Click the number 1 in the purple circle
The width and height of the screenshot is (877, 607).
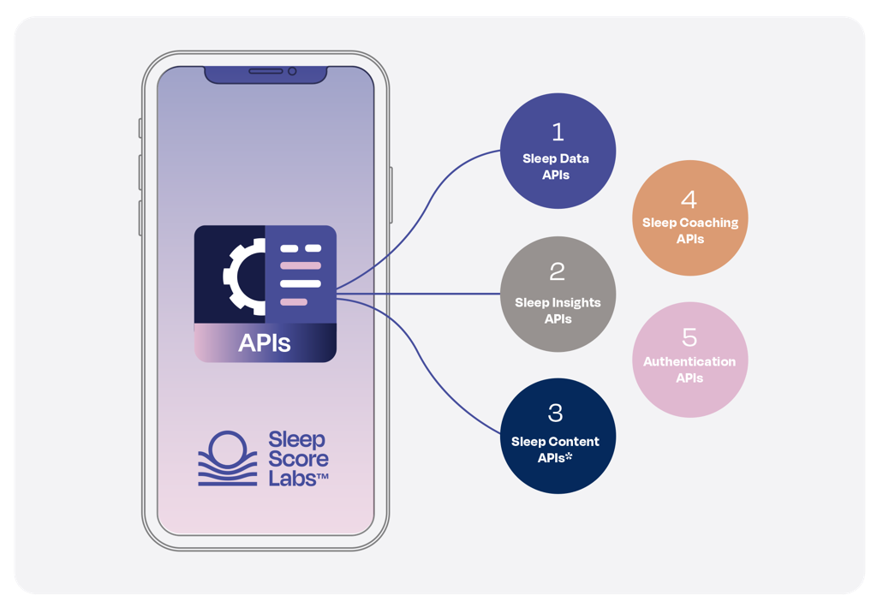pos(558,132)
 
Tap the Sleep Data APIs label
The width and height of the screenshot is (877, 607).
pos(556,166)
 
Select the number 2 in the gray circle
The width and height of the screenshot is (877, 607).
pos(558,272)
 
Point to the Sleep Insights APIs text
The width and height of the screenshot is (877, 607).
pos(558,310)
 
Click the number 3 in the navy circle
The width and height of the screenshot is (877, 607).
pos(556,413)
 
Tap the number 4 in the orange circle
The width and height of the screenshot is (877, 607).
pos(689,199)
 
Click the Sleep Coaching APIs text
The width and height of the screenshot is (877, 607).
pos(690,230)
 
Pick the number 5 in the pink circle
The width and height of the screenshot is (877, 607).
pos(689,336)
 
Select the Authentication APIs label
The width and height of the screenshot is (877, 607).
pos(689,369)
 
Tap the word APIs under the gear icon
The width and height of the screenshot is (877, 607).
pos(265,342)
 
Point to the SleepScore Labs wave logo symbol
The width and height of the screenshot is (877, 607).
pos(228,459)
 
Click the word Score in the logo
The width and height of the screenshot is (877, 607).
pos(298,459)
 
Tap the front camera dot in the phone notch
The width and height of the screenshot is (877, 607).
pos(292,71)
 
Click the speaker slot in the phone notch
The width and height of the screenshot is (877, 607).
pos(265,71)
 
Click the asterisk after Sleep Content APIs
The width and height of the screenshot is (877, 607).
pos(569,457)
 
